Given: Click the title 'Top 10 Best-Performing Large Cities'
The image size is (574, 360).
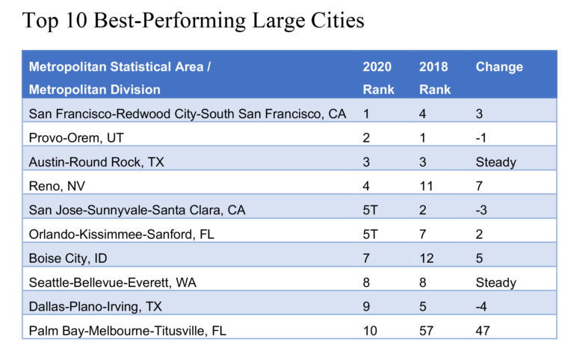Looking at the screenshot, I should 194,20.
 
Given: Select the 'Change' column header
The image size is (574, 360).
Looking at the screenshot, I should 499,67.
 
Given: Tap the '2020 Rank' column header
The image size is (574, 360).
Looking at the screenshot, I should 377,78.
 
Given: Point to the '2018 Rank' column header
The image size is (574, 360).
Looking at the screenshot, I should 434,78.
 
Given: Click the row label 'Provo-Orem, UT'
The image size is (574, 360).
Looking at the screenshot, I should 75,138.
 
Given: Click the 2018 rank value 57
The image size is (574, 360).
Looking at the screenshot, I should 427,330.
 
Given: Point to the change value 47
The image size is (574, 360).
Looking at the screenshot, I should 484,330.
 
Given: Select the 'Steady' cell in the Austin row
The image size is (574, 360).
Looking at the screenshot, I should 496,162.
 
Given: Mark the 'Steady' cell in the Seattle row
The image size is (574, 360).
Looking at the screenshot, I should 496,282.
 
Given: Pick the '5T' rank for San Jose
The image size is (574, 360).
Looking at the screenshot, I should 371,210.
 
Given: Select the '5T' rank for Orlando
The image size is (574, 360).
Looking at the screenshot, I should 371,234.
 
